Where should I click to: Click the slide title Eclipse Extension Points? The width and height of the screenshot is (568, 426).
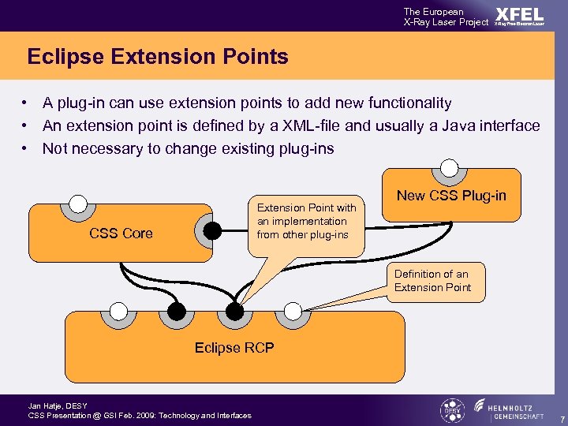(158, 57)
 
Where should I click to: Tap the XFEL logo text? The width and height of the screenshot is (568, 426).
(519, 15)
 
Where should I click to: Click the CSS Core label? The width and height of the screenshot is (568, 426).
(121, 233)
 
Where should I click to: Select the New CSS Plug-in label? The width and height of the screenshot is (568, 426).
(451, 196)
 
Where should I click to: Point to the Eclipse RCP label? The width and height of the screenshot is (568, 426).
(234, 347)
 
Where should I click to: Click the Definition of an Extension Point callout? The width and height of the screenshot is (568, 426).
(432, 281)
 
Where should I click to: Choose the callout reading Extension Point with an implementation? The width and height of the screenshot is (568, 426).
(307, 221)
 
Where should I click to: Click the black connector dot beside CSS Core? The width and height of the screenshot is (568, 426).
(212, 230)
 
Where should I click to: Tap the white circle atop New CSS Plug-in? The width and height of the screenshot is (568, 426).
(449, 167)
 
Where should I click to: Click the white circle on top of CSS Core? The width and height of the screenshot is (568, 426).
(77, 203)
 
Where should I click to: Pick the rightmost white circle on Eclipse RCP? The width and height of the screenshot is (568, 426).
(293, 310)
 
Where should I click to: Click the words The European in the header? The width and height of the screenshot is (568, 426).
(434, 12)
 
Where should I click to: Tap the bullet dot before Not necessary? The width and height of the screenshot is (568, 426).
(26, 148)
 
